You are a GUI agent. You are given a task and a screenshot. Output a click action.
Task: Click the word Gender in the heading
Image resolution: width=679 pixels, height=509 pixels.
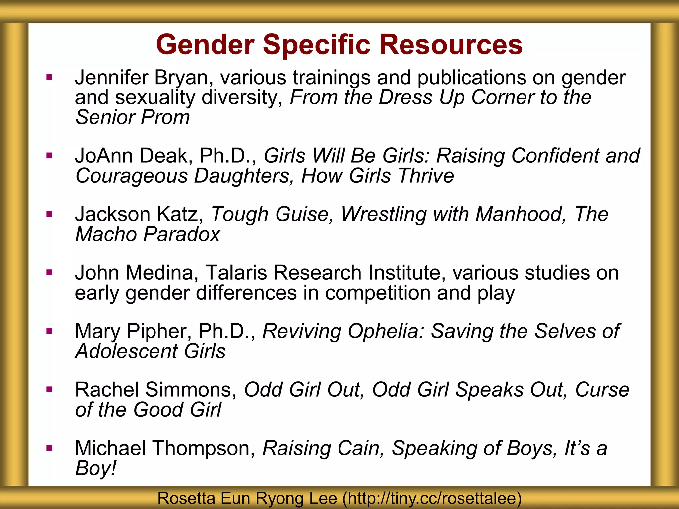(x=205, y=45)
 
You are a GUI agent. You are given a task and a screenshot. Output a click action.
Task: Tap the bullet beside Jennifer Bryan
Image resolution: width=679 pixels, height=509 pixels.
(x=50, y=78)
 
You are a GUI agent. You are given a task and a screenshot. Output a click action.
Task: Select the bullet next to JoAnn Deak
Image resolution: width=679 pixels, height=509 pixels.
(x=50, y=156)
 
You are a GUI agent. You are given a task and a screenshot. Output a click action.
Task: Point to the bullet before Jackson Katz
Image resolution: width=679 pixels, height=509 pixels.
(x=50, y=214)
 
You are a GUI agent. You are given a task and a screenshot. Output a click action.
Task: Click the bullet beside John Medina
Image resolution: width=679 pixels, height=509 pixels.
(x=50, y=273)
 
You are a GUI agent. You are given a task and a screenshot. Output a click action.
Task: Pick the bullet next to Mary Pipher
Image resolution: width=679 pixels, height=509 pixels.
(x=50, y=331)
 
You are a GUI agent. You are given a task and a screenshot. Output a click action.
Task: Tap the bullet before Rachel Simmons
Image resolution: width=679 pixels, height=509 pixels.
(x=50, y=390)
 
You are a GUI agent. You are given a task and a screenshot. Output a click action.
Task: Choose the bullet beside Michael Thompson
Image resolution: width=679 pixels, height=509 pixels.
(x=50, y=448)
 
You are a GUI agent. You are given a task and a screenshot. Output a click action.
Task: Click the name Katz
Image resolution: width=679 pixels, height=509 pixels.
(x=179, y=214)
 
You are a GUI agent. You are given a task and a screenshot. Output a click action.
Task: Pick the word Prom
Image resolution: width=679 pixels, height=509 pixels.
(x=166, y=117)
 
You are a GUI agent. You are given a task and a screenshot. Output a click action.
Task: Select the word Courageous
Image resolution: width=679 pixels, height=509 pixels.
(x=131, y=176)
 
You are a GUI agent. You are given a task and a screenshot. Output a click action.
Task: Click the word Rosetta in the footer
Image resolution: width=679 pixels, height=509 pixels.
(x=186, y=498)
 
